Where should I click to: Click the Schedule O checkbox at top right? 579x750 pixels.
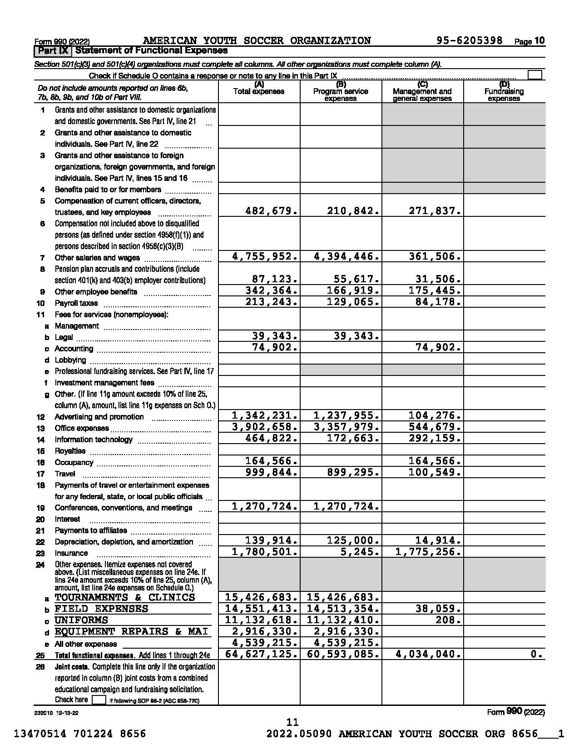(535, 75)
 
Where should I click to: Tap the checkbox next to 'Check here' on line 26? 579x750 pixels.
(99, 700)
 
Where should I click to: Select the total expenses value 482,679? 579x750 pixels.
(271, 211)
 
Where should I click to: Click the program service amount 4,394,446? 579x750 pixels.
(346, 256)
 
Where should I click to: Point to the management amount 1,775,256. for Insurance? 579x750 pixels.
(428, 552)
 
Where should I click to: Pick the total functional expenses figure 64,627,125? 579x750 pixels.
(262, 654)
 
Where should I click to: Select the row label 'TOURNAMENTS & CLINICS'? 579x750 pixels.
(125, 597)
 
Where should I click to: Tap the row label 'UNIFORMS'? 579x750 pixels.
(81, 620)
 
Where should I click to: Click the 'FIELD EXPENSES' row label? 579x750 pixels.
(101, 609)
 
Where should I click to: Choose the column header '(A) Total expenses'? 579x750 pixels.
(259, 89)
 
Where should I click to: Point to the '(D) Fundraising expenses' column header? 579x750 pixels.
(504, 91)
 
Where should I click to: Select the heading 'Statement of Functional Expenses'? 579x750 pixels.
(152, 50)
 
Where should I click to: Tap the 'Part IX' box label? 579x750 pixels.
(53, 50)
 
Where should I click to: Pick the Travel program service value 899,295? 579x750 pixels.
(353, 472)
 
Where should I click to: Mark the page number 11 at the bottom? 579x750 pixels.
(292, 722)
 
